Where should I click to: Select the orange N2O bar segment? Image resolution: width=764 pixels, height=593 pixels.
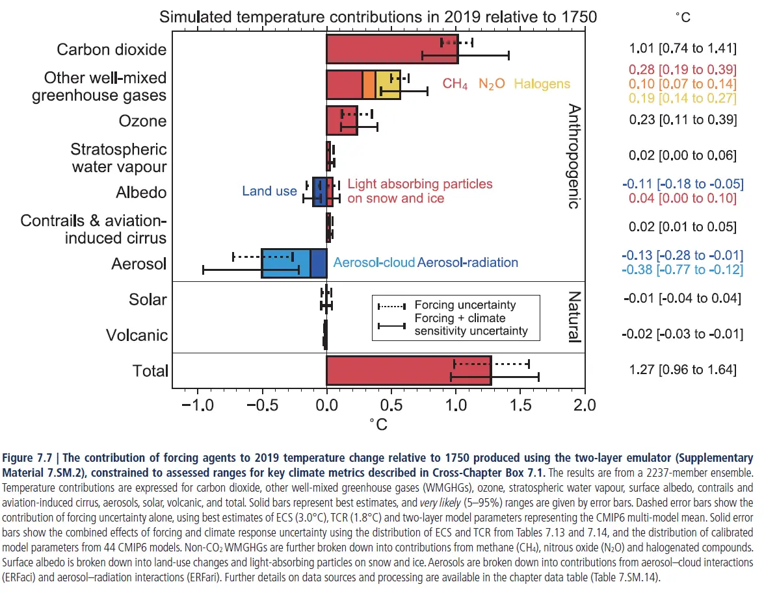tap(369, 85)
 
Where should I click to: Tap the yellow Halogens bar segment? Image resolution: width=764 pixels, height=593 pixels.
tap(388, 85)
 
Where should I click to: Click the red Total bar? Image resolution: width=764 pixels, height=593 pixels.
tap(408, 371)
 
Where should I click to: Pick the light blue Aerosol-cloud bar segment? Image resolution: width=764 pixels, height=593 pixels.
tap(285, 263)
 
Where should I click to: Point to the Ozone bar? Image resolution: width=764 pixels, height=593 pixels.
tap(342, 121)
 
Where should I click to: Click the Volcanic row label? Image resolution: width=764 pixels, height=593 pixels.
tap(137, 336)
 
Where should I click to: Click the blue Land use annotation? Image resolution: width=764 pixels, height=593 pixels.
tap(269, 192)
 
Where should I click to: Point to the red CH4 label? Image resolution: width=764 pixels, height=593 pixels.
tap(454, 84)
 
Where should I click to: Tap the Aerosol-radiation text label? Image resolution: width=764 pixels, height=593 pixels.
tap(468, 263)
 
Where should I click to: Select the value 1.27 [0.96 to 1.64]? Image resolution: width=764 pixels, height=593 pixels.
tap(682, 370)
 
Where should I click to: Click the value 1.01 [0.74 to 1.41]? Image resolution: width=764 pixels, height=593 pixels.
tap(682, 49)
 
